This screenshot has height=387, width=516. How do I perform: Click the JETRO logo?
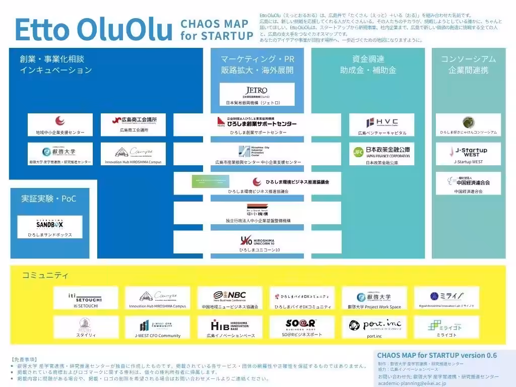pyautogui.click(x=257, y=91)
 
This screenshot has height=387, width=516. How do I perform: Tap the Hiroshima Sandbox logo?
pyautogui.click(x=50, y=223)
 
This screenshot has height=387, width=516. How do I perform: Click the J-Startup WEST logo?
pyautogui.click(x=468, y=152)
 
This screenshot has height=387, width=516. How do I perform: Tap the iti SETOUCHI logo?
pyautogui.click(x=85, y=296)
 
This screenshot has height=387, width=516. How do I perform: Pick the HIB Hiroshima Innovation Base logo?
pyautogui.click(x=230, y=325)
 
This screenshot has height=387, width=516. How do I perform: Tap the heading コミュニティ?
pyautogui.click(x=45, y=275)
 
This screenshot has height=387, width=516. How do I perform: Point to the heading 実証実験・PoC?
pyautogui.click(x=48, y=199)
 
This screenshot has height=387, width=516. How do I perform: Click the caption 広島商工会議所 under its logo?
pyautogui.click(x=134, y=130)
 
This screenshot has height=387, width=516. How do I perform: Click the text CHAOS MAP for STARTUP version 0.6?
pyautogui.click(x=436, y=355)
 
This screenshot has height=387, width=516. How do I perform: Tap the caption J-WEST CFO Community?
pyautogui.click(x=157, y=336)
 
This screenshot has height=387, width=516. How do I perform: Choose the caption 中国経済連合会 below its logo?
pyautogui.click(x=468, y=191)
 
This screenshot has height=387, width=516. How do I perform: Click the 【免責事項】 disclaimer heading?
pyautogui.click(x=24, y=359)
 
